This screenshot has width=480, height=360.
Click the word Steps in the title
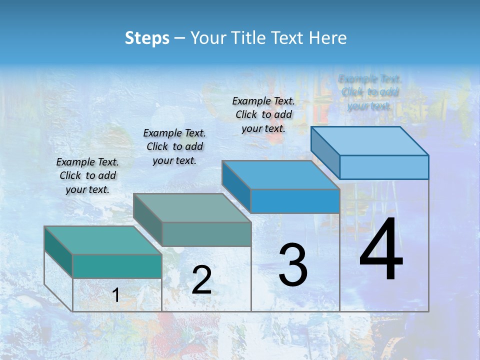[146, 38]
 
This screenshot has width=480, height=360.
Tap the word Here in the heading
[327, 38]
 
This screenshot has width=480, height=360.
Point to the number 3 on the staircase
[292, 265]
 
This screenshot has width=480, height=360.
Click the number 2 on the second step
[201, 280]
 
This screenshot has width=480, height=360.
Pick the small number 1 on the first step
[115, 295]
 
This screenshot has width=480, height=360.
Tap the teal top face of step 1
[102, 240]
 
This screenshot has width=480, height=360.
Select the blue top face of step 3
[280, 175]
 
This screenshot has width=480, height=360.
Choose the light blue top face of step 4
[370, 141]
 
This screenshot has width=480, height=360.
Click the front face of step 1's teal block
[117, 266]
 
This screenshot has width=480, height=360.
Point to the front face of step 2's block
[206, 234]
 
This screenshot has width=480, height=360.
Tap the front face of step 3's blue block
[295, 201]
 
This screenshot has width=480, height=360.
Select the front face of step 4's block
[384, 167]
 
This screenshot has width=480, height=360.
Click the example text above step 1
[87, 175]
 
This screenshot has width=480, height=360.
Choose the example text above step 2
[174, 146]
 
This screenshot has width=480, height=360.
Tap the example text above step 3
[263, 114]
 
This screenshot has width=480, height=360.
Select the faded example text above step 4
[369, 92]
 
